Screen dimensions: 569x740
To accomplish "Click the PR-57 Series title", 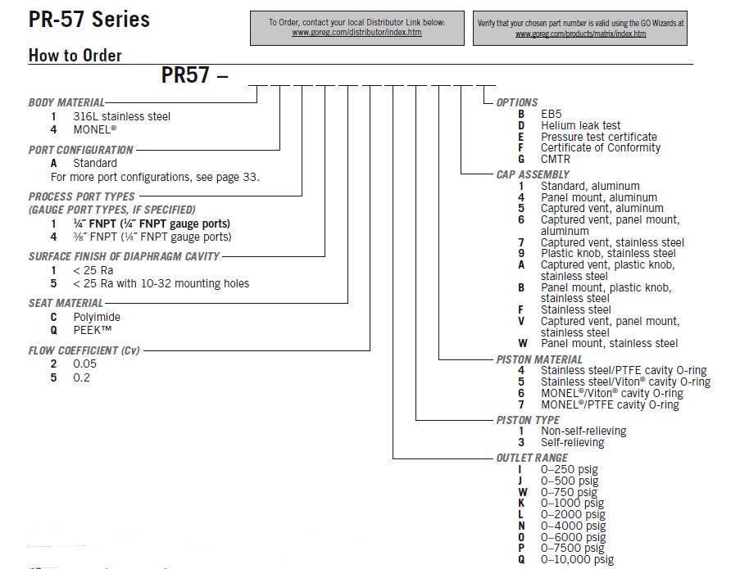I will tap(89, 20).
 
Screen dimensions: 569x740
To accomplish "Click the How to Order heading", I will tap(75, 56).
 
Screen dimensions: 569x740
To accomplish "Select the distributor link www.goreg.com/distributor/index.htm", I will tap(356, 33).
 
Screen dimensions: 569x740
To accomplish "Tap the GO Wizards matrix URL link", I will tap(580, 34).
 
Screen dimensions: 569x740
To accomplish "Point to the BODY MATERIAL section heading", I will tap(66, 102).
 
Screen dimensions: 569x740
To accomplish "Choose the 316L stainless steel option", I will tap(121, 116).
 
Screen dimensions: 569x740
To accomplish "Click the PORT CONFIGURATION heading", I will tap(80, 150).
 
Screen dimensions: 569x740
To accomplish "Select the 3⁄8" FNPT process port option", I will tap(152, 237).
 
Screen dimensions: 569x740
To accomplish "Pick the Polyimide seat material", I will tap(97, 317).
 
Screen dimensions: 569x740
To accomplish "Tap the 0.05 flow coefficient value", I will tap(84, 364).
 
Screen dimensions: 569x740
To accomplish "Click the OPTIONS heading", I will tap(517, 102).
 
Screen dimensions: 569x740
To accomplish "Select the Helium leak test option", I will tap(580, 125).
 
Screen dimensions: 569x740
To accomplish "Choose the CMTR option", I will tap(555, 159).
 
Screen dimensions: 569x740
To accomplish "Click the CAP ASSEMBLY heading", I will tap(533, 174).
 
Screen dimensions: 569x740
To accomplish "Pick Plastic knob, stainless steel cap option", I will tap(608, 254).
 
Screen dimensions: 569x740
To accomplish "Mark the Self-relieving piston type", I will tap(572, 442).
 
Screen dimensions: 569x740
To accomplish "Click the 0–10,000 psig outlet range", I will tap(577, 560).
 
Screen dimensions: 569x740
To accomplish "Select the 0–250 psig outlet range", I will tap(569, 470).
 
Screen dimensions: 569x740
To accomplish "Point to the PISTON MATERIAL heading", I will tap(539, 359).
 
